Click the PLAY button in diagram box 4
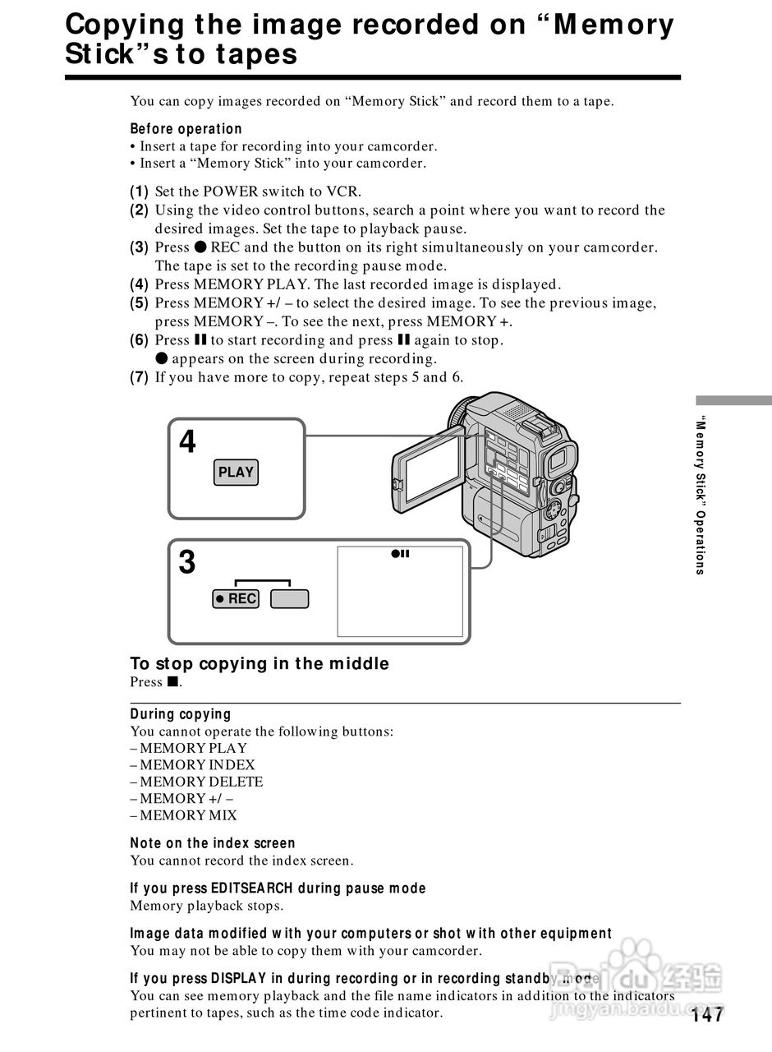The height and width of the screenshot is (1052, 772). pyautogui.click(x=237, y=472)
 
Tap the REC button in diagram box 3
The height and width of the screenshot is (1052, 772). pyautogui.click(x=236, y=599)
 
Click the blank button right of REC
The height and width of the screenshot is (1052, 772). pyautogui.click(x=290, y=599)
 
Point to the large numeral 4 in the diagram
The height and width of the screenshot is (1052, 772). pyautogui.click(x=188, y=442)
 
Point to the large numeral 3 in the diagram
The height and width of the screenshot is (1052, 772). pyautogui.click(x=188, y=563)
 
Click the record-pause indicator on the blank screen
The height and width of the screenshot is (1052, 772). pyautogui.click(x=400, y=554)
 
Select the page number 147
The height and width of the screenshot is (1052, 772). pyautogui.click(x=707, y=1016)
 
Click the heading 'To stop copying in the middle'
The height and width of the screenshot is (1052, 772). pyautogui.click(x=260, y=663)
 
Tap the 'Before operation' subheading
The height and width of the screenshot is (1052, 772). pyautogui.click(x=186, y=129)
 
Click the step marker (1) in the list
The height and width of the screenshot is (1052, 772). pyautogui.click(x=140, y=191)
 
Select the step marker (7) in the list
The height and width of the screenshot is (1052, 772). pyautogui.click(x=140, y=377)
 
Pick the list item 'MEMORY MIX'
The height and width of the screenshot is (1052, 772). pyautogui.click(x=188, y=815)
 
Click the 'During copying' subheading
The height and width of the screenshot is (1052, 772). pyautogui.click(x=181, y=714)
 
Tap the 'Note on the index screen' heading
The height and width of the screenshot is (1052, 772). pyautogui.click(x=213, y=843)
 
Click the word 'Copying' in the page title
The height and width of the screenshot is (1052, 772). pyautogui.click(x=126, y=25)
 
